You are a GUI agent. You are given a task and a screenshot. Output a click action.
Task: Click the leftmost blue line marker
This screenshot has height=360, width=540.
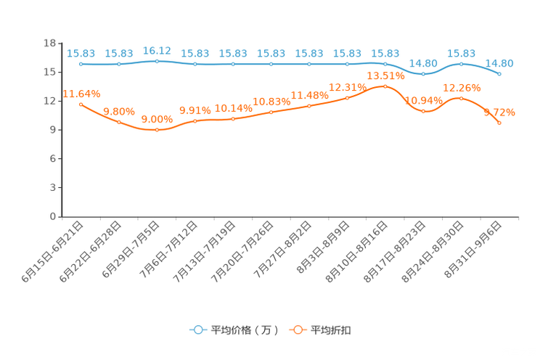pos(81,64)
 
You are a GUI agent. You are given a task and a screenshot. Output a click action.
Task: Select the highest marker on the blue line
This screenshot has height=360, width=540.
pos(157,61)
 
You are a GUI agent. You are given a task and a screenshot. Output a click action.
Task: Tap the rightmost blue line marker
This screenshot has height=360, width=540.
pos(500,73)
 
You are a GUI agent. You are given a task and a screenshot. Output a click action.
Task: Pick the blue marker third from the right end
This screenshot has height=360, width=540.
pos(423,74)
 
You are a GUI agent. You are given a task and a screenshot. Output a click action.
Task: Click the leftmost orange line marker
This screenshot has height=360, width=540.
pos(81,105)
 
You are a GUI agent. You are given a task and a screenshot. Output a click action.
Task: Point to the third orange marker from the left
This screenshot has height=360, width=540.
pos(157,130)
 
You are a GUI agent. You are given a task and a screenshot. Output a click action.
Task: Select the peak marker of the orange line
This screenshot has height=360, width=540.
pos(385,86)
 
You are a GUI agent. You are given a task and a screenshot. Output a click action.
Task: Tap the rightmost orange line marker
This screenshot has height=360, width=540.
pos(500,123)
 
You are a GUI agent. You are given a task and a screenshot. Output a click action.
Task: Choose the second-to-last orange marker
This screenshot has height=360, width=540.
pos(462,98)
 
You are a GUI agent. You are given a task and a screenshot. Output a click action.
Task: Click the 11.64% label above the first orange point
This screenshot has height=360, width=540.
pos(81,94)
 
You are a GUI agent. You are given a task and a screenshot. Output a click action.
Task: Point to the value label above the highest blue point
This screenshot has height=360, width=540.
pos(157,50)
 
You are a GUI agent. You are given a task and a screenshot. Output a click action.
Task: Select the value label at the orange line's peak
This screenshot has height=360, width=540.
pos(385,75)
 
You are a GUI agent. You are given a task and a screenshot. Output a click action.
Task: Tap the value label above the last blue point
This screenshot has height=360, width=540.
pos(500,63)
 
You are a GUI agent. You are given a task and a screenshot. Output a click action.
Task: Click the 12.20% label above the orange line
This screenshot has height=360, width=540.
pos(462,87)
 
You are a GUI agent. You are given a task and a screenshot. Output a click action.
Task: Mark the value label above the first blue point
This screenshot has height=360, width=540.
pos(81,53)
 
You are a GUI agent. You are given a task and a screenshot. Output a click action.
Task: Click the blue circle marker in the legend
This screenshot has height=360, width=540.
pos(197,330)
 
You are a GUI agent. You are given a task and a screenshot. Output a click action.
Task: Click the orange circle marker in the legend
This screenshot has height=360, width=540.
pos(298,330)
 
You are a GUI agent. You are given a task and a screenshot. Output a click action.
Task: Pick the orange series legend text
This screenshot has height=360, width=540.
pos(332,330)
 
